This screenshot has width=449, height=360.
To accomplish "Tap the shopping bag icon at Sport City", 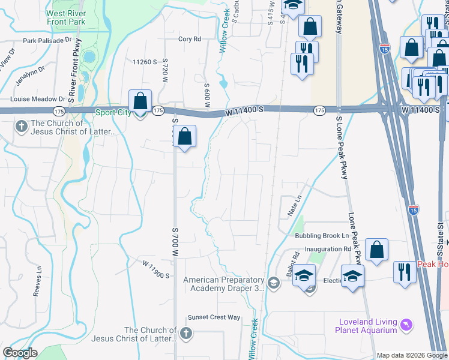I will point(140,103).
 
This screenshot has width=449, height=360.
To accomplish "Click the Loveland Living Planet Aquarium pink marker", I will point(408,325).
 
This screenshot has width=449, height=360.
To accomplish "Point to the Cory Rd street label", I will point(189,39).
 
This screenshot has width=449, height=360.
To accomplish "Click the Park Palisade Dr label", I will point(47,41).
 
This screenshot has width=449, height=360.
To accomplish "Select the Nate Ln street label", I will point(294,205).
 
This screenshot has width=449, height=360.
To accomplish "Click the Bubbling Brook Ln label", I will point(322,236).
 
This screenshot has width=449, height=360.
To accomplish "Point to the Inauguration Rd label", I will point(327,249).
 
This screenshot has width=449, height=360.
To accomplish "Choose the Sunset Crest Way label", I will point(214,317).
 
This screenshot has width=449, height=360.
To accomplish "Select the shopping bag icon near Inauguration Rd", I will point(376,250).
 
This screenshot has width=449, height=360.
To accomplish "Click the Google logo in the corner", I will point(20,353).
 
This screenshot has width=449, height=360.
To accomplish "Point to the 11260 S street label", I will point(145,62).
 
